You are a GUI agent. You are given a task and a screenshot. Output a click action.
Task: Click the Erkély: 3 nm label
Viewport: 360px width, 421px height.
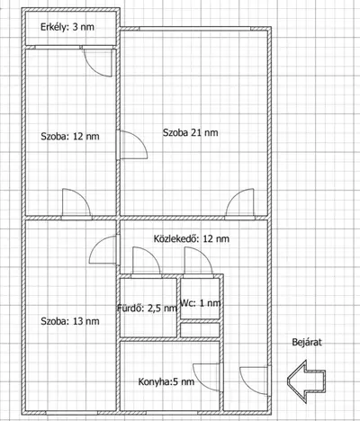coord(67,27)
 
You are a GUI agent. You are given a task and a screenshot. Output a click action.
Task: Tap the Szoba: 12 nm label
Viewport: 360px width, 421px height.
coord(70,137)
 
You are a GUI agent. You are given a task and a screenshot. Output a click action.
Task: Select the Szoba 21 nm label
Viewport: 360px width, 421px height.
coord(191,132)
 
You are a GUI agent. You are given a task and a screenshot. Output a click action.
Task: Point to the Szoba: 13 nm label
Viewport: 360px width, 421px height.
coord(70,321)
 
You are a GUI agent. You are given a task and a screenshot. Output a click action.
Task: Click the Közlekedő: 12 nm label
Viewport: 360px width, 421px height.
coord(192,238)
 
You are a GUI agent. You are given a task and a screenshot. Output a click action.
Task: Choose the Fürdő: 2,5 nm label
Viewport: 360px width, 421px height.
coord(147,308)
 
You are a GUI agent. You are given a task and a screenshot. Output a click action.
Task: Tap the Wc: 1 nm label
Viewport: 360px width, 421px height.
coord(201,303)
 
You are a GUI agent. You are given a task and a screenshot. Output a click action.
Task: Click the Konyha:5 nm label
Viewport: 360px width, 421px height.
coord(166,381)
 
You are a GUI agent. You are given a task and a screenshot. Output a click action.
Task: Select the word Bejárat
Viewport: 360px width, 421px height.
coord(307,342)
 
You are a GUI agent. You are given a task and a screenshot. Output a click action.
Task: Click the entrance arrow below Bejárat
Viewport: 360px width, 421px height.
coord(306,381)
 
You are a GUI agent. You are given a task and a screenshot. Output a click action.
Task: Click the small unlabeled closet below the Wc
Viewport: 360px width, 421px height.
coord(200,330)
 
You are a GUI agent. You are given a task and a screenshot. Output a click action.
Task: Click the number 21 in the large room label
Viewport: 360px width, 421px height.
coord(196,132)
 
